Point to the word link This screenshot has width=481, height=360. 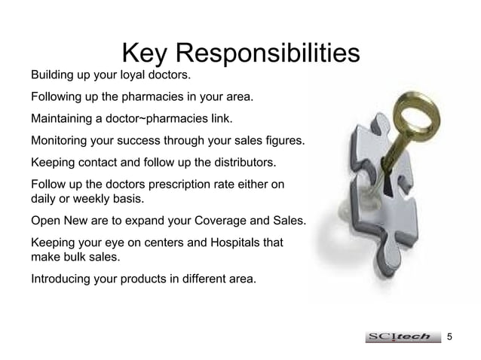coord(219,119)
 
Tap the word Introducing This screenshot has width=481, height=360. coord(62,280)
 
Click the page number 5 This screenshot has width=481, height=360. coord(451,335)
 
